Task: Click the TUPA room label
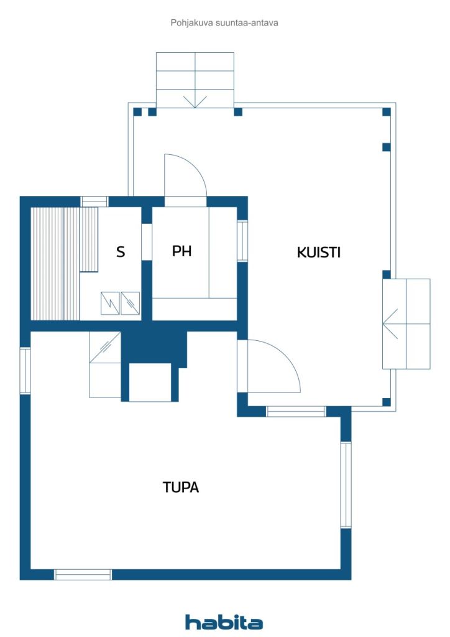pos(181,486)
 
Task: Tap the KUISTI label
pos(318,253)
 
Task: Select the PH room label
pos(181,251)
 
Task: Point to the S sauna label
pos(121,252)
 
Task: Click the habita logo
pos(224,621)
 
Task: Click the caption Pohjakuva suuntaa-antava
pos(224,23)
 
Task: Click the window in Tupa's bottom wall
pos(83,574)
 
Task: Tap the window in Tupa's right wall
pos(346,485)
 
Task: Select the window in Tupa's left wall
pos(25,371)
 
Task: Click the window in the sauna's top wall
pos(94,202)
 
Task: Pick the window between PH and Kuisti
pos(242,241)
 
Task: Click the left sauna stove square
pos(110,303)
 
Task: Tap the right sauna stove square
pos(131,303)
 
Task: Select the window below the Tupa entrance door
pos(296,412)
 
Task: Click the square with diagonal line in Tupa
pos(105,347)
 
